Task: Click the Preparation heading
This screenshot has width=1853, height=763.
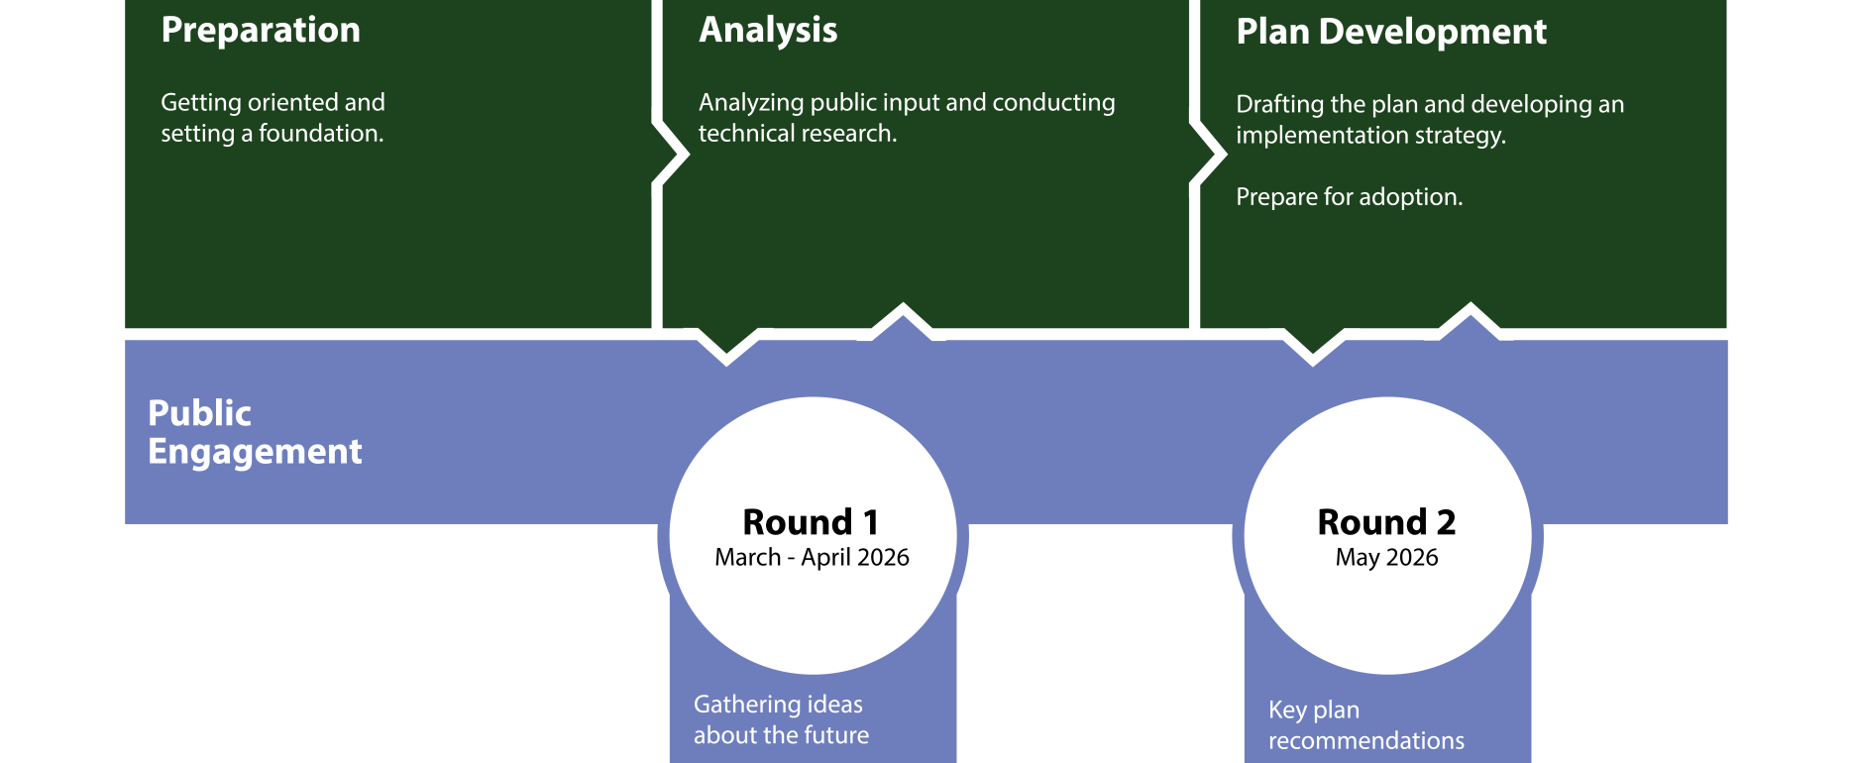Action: pos(261,31)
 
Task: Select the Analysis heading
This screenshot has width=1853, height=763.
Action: pos(768,31)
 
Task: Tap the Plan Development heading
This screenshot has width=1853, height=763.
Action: pos(1391,33)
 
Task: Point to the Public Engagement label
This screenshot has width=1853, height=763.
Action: pos(255,432)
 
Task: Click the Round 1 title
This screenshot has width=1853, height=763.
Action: pos(811,522)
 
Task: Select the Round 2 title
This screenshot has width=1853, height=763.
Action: pos(1386,522)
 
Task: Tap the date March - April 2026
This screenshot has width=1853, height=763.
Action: pos(812,558)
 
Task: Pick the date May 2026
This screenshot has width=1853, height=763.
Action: pos(1386,558)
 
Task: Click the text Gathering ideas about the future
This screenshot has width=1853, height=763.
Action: pos(781,719)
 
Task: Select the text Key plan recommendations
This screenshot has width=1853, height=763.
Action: pos(1365,724)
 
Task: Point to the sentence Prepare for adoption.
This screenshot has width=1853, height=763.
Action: pos(1349,197)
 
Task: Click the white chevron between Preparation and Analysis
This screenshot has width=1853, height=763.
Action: pos(673,153)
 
